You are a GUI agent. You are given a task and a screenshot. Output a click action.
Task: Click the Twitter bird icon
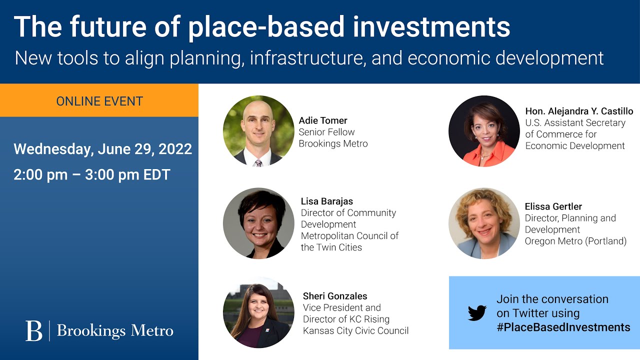tap(477, 313)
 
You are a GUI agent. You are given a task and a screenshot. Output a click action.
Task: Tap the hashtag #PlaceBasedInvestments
tap(563, 327)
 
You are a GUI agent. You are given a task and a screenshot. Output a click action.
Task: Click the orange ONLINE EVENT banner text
tap(99, 101)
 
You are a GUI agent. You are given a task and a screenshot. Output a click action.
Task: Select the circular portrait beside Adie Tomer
tap(258, 131)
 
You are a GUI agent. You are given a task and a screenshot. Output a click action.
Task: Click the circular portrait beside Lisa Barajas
tap(258, 223)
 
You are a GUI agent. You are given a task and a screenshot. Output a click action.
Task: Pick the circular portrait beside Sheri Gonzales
tap(258, 312)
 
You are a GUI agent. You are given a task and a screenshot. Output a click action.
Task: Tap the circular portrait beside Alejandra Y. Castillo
tap(484, 131)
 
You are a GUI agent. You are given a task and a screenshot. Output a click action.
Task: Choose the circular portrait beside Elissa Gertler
tap(484, 223)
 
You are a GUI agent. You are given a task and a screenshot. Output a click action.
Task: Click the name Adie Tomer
tap(323, 120)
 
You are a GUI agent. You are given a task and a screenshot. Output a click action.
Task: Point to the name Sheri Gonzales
tap(335, 296)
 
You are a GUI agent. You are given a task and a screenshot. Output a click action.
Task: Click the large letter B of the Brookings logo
tap(34, 331)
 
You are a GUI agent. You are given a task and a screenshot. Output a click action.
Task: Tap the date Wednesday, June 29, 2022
tap(103, 149)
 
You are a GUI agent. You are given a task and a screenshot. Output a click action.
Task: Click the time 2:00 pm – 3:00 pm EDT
tap(92, 175)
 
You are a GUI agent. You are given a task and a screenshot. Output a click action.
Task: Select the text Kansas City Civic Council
tap(355, 330)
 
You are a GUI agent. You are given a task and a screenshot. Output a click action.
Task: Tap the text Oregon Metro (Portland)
tap(575, 241)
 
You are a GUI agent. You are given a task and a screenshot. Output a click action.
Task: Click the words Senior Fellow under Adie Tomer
tap(326, 132)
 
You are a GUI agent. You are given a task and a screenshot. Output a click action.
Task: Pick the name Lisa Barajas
tap(327, 201)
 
